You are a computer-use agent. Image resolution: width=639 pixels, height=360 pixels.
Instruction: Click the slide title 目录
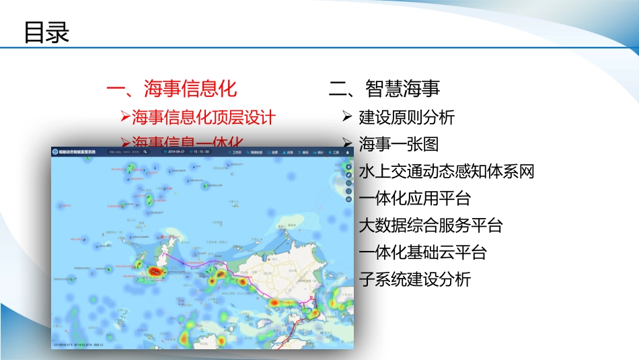(x=47, y=32)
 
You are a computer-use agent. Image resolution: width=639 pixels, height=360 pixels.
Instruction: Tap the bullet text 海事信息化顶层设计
(x=204, y=117)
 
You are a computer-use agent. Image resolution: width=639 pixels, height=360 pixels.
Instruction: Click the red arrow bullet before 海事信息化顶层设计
(x=125, y=117)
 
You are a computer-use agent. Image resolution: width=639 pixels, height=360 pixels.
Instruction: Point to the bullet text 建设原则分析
(x=407, y=117)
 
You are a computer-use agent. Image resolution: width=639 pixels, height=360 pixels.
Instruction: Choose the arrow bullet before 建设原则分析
(x=347, y=117)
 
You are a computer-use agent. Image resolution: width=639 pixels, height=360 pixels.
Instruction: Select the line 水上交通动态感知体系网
(x=447, y=172)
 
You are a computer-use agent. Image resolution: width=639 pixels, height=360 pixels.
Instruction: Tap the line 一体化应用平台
(x=415, y=199)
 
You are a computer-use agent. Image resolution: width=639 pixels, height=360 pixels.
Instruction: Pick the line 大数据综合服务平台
(x=431, y=225)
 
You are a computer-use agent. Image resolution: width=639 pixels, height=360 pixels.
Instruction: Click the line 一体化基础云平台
(x=423, y=253)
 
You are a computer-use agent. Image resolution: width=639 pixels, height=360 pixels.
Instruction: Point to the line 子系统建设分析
(x=415, y=280)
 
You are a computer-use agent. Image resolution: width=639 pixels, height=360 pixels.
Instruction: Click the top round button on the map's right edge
(x=348, y=166)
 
